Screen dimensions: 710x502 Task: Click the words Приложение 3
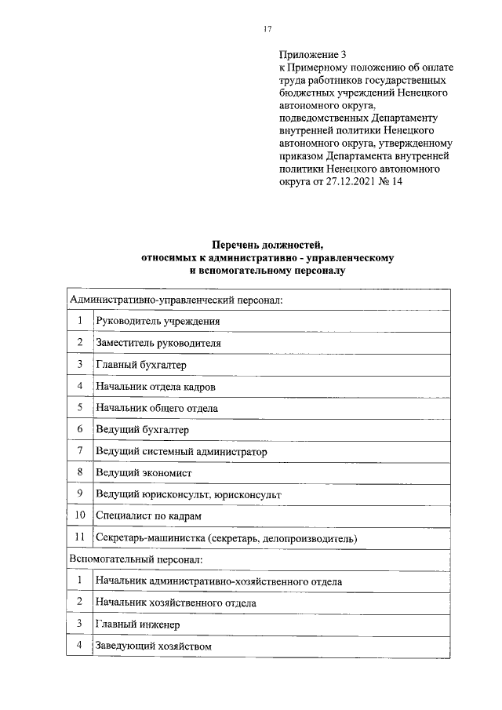(x=312, y=55)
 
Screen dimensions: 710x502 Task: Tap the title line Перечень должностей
(x=267, y=245)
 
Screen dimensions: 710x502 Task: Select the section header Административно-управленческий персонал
(x=176, y=300)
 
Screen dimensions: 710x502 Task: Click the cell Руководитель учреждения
(x=158, y=322)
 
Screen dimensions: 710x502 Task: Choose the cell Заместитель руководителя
(x=158, y=343)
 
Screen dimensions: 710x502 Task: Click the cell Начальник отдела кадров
(x=155, y=387)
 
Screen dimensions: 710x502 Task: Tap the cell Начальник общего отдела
(x=157, y=408)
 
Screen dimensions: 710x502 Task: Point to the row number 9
(x=79, y=494)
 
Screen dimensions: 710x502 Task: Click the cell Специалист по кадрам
(x=148, y=516)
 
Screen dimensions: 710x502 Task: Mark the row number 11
(x=79, y=538)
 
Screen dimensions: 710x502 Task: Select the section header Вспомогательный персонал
(x=136, y=559)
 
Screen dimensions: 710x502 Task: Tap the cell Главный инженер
(x=137, y=624)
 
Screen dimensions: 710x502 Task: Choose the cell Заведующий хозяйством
(x=154, y=646)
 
